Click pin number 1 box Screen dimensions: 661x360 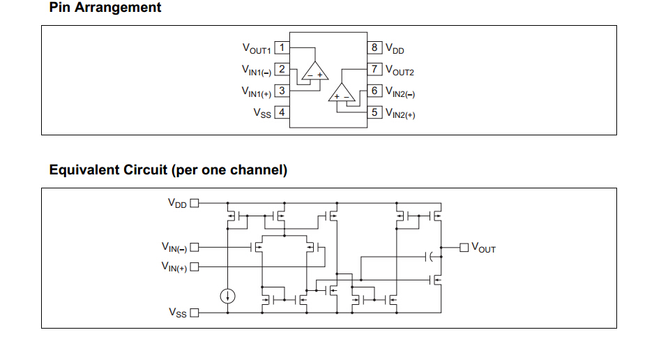pos(282,47)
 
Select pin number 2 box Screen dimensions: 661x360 pos(282,69)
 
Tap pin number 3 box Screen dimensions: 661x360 pos(282,91)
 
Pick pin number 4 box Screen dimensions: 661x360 pos(282,112)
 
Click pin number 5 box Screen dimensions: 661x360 pos(374,112)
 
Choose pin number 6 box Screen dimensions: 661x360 pos(374,91)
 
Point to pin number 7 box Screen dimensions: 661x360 pos(374,69)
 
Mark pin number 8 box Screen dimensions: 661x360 pos(374,47)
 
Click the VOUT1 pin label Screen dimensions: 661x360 pos(257,49)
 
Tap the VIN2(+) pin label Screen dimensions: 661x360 pos(400,114)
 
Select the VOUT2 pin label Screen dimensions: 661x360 pos(400,70)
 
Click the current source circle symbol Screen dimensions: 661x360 pos(227,296)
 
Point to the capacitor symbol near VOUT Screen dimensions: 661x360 pos(430,256)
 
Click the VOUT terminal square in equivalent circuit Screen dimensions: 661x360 pos(464,247)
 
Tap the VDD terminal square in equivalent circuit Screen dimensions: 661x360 pos(195,203)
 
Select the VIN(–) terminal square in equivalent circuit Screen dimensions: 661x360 pos(195,247)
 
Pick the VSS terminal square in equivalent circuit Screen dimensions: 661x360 pos(195,313)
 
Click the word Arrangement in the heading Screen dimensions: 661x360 pos(118,8)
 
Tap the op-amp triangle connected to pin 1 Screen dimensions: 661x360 pos(315,70)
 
